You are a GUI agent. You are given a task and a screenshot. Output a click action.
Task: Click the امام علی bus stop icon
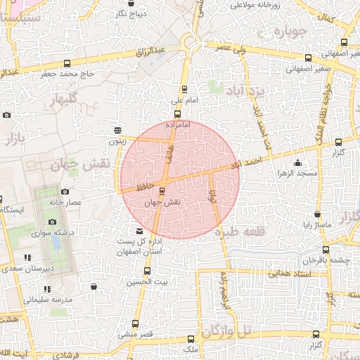point(184,89)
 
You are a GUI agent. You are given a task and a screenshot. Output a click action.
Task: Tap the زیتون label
point(117,141)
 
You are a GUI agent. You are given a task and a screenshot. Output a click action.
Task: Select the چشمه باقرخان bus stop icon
point(326,249)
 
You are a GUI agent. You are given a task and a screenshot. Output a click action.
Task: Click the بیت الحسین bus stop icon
point(147,271)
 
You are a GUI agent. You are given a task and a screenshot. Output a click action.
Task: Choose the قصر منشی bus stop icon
point(136,324)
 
